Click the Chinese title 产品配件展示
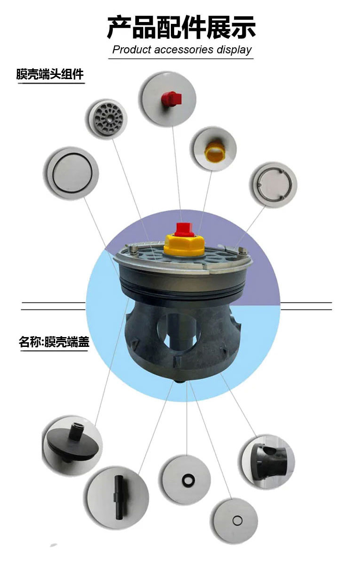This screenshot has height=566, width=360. [x=181, y=28]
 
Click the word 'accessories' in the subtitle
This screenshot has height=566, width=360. [x=184, y=50]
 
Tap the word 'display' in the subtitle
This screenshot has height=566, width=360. [x=234, y=50]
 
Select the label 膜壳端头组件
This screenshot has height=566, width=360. [x=50, y=74]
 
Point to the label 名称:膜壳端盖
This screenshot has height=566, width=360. [x=54, y=342]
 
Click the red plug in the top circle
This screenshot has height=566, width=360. [x=171, y=98]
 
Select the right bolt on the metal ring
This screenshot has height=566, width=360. [x=243, y=250]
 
